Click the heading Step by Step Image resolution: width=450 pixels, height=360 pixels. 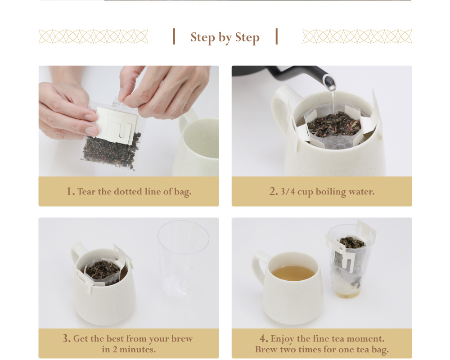(x=225, y=37)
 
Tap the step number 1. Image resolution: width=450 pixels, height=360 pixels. (x=70, y=191)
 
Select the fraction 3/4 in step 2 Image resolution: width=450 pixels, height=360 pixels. (x=288, y=192)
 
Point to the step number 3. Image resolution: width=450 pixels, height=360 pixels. (x=66, y=338)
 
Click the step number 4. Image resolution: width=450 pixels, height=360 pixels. (x=264, y=338)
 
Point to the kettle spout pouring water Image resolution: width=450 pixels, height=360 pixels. (x=329, y=82)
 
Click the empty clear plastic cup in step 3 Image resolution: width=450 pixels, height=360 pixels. (x=183, y=258)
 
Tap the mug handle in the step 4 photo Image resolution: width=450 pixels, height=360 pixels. (x=260, y=267)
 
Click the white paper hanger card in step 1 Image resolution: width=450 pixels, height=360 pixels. (x=116, y=125)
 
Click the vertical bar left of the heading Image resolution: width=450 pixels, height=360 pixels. (x=174, y=36)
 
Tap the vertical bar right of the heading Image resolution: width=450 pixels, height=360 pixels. (x=277, y=36)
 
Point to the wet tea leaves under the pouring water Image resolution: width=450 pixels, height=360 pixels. (x=334, y=124)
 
